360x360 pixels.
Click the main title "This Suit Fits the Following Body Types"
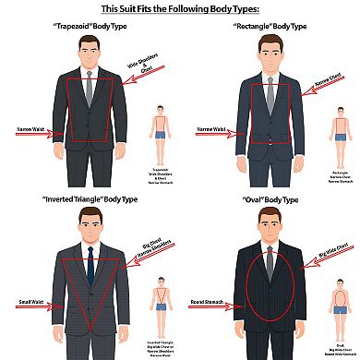click(180, 9)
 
